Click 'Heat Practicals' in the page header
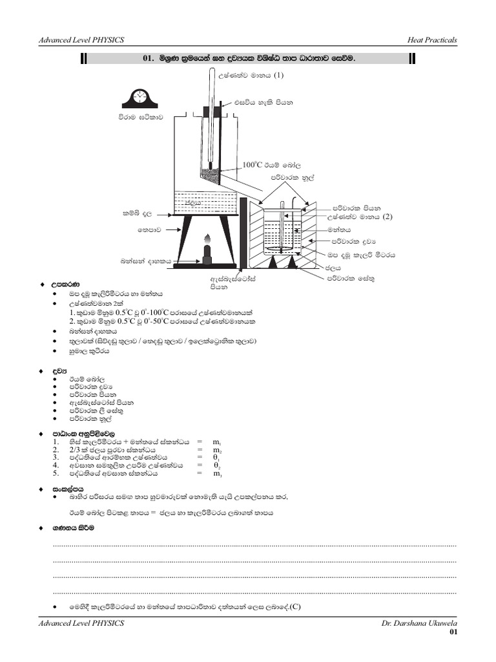pyautogui.click(x=432, y=40)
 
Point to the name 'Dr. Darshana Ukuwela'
pyautogui.click(x=419, y=623)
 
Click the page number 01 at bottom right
pyautogui.click(x=453, y=632)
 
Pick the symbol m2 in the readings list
pyautogui.click(x=218, y=450)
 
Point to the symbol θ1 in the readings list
pyautogui.click(x=217, y=458)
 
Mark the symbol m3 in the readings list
pyautogui.click(x=218, y=474)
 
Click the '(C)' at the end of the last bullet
pyautogui.click(x=296, y=606)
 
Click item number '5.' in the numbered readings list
pyautogui.click(x=57, y=473)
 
